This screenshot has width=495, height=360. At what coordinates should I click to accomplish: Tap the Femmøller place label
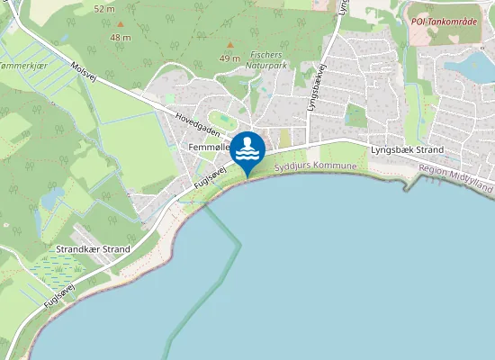tap(209, 146)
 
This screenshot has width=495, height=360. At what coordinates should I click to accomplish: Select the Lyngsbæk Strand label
tap(406, 149)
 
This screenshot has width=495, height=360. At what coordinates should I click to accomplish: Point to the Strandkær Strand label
tap(93, 248)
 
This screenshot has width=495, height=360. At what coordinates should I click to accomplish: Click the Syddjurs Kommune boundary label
tap(315, 167)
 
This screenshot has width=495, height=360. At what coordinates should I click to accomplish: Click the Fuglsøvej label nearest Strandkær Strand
tap(57, 294)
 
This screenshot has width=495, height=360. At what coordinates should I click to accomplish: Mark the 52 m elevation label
tap(104, 8)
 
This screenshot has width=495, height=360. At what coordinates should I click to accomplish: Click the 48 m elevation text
tap(121, 38)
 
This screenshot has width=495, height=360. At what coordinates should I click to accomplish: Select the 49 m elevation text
tap(230, 58)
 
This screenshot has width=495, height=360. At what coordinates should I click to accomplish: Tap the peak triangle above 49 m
tap(230, 45)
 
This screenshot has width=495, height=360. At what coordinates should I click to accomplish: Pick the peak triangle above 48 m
tap(121, 24)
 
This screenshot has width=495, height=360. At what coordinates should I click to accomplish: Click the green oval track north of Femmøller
tap(221, 119)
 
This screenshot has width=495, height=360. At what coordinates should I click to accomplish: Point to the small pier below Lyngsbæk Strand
tap(413, 184)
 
